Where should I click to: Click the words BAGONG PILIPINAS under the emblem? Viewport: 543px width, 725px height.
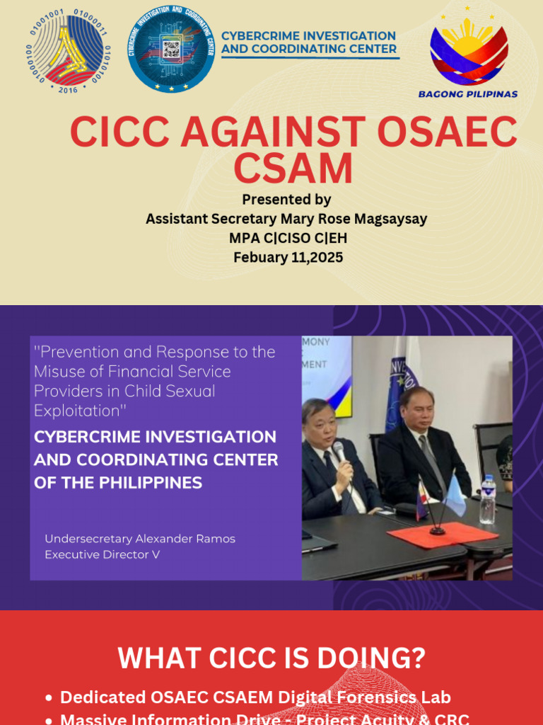(467, 93)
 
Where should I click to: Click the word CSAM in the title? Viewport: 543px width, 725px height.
(293, 169)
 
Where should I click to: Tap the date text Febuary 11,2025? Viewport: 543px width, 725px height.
(288, 257)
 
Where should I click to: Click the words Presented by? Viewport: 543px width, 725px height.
(286, 200)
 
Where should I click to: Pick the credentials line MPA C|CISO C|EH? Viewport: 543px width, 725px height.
(288, 238)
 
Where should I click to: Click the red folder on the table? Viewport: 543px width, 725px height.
(443, 534)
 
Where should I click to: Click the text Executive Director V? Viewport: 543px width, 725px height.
(102, 554)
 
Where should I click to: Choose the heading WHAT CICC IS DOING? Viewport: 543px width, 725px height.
(271, 658)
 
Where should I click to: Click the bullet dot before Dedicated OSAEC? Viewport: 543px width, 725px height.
(48, 698)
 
